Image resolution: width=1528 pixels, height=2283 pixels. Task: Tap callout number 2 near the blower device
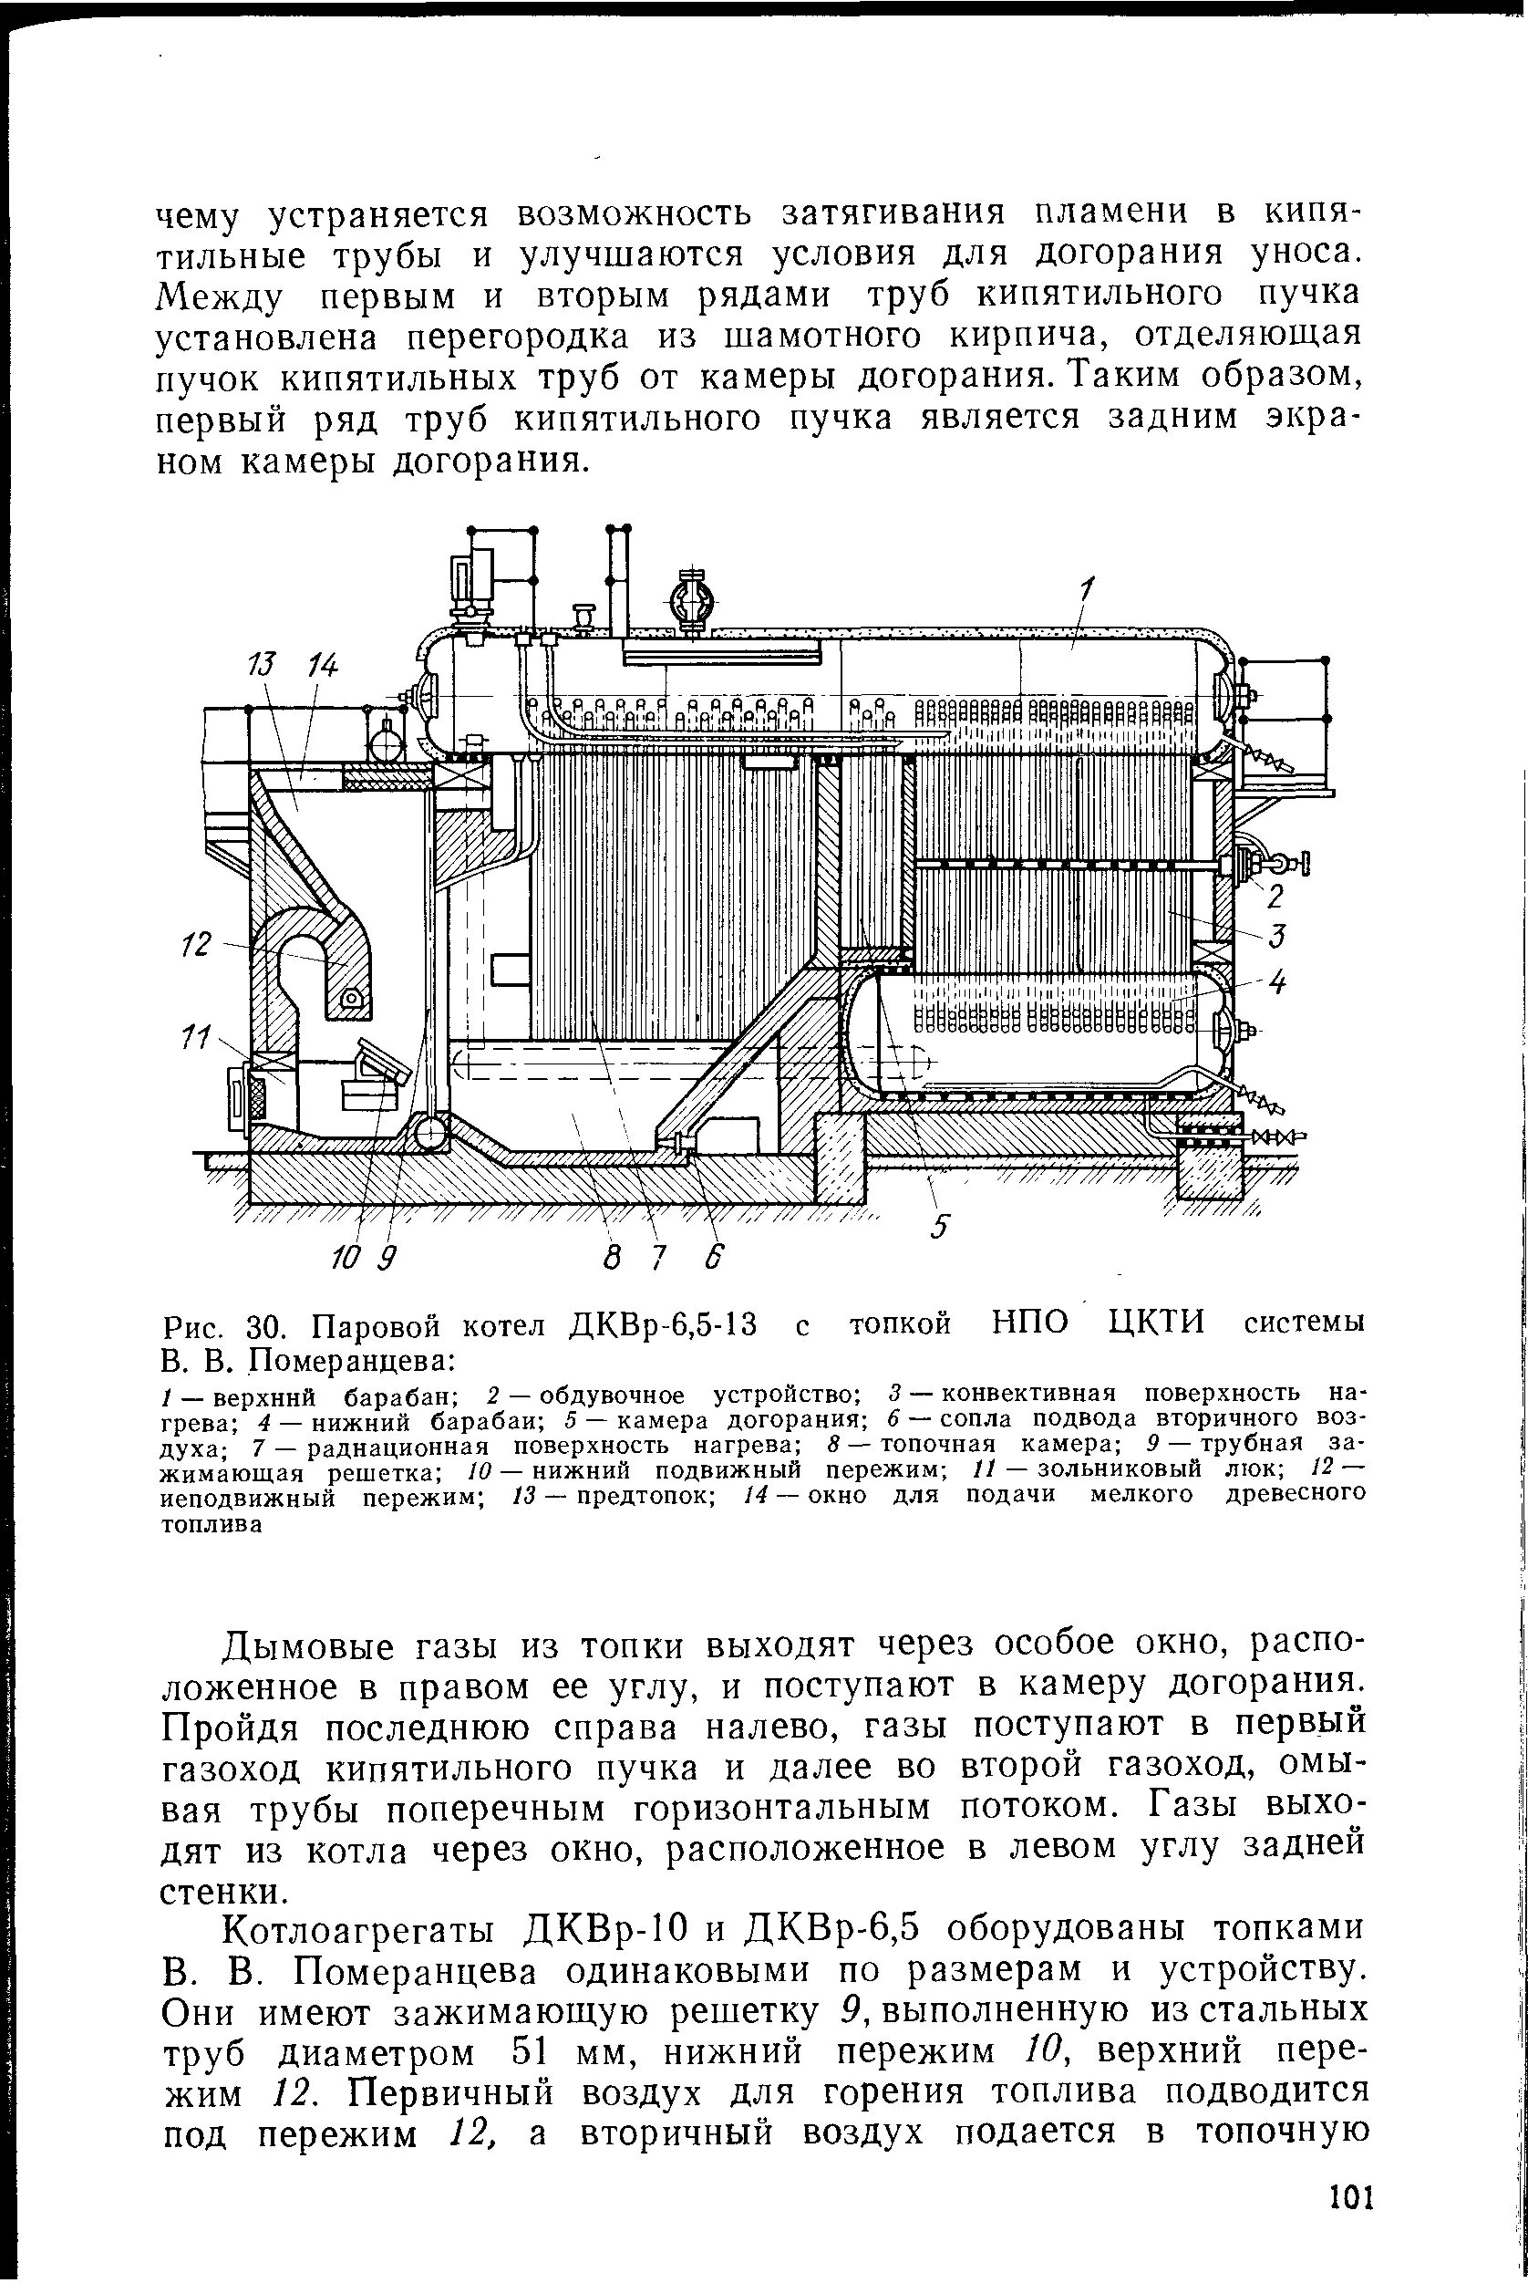(x=1275, y=895)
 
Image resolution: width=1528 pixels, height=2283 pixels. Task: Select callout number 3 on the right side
(x=1277, y=936)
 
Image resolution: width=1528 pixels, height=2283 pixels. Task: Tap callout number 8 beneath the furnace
(x=612, y=1260)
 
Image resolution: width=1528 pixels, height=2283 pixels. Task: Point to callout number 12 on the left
(x=198, y=945)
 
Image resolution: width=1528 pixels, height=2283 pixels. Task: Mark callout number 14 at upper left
(x=323, y=666)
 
